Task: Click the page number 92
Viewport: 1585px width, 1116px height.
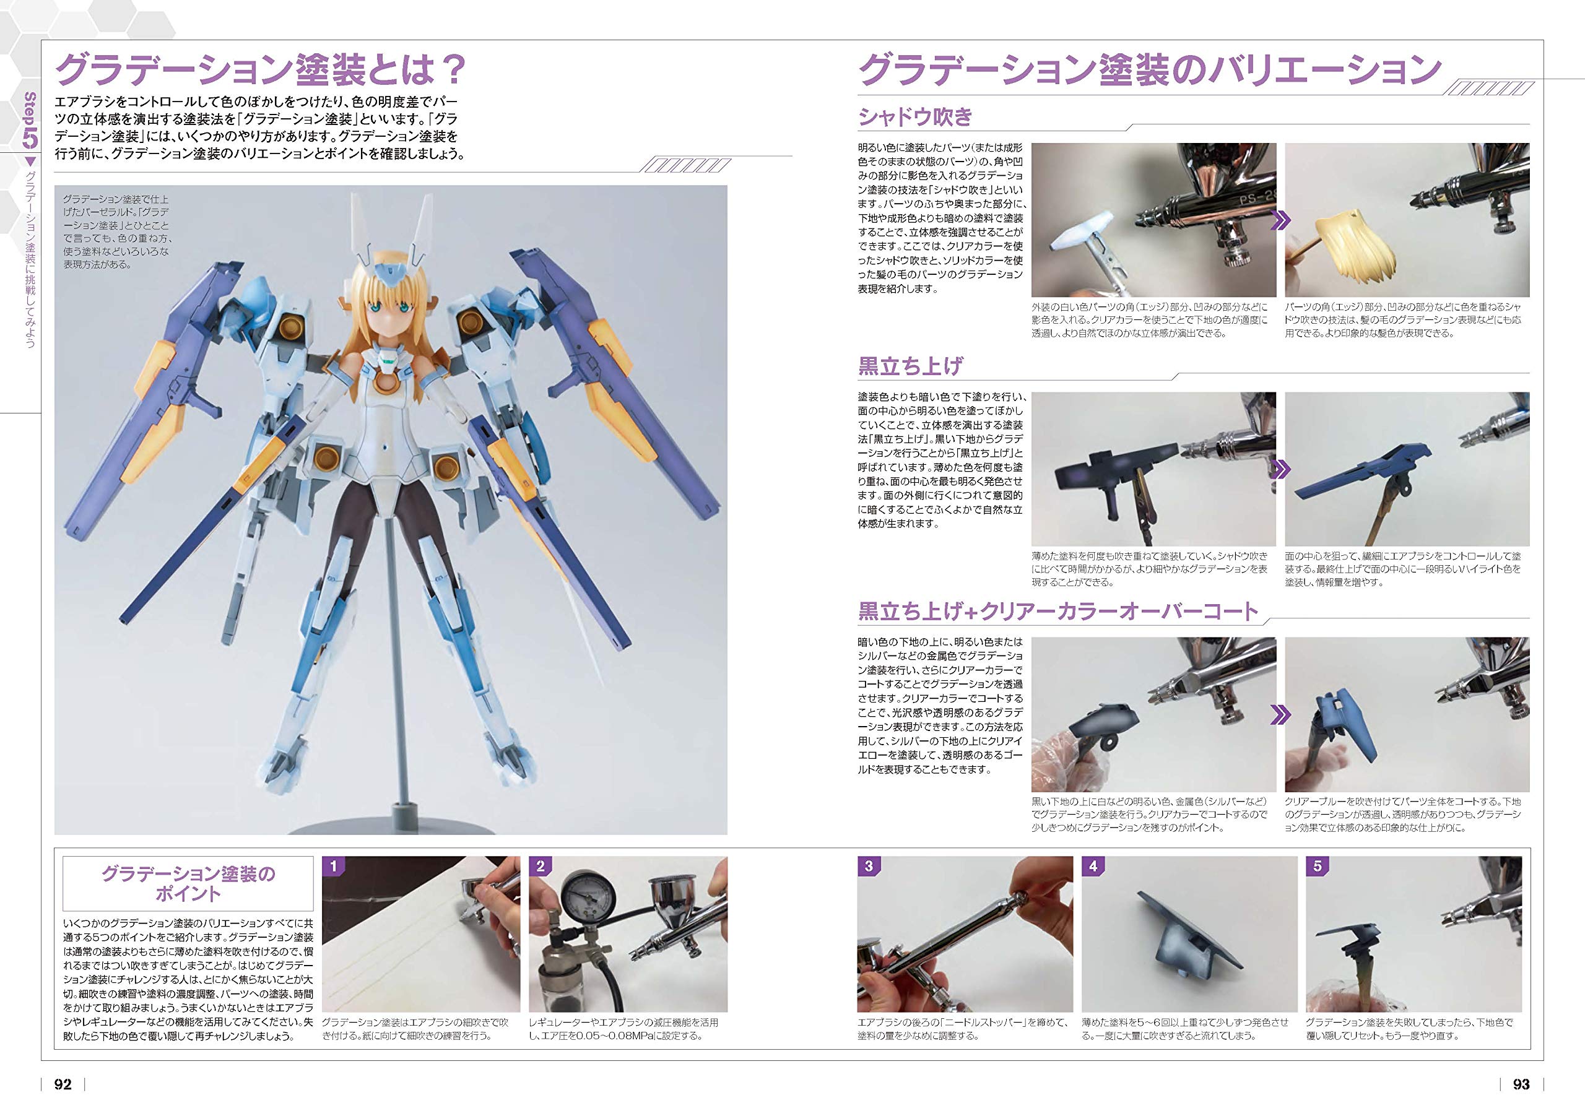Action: (63, 1084)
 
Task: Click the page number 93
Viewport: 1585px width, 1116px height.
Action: (1521, 1084)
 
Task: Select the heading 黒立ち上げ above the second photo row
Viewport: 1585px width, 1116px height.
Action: (910, 366)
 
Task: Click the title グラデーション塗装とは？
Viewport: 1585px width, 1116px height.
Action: (261, 70)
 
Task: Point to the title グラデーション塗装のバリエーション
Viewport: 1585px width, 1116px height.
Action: (1149, 70)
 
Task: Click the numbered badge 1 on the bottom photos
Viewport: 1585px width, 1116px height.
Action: (334, 866)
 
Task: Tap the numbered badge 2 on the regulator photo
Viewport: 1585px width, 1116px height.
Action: (541, 866)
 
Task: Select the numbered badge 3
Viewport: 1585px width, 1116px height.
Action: (869, 866)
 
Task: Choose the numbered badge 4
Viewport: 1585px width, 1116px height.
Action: (1093, 866)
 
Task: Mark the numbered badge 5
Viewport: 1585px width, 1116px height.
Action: (1317, 866)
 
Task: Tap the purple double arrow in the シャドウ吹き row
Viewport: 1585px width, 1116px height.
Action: (1280, 221)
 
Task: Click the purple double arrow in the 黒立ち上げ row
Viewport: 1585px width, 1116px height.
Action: (1280, 469)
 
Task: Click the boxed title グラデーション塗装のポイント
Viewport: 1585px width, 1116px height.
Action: (188, 883)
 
